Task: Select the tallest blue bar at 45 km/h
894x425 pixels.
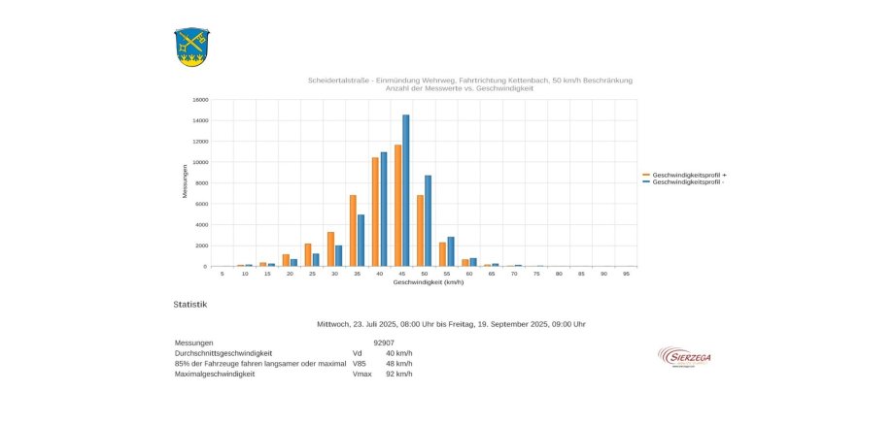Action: coord(406,190)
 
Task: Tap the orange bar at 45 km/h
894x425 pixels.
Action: coord(397,205)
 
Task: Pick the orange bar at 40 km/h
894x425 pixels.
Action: coord(375,212)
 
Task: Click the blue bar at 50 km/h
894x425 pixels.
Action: coord(429,220)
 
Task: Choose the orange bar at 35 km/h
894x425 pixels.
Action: coord(353,230)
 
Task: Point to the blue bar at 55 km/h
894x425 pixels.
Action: coord(451,251)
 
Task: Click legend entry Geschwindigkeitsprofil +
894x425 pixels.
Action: coord(689,175)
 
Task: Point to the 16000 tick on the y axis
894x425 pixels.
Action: coord(200,99)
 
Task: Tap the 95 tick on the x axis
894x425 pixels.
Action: coord(627,274)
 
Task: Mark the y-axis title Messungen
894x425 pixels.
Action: coord(185,182)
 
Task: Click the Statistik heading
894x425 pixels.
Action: coord(189,305)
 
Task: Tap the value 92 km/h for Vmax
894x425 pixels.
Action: coord(398,374)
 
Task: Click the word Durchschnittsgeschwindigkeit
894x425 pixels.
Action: coord(223,353)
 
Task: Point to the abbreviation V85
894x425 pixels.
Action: coord(360,363)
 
